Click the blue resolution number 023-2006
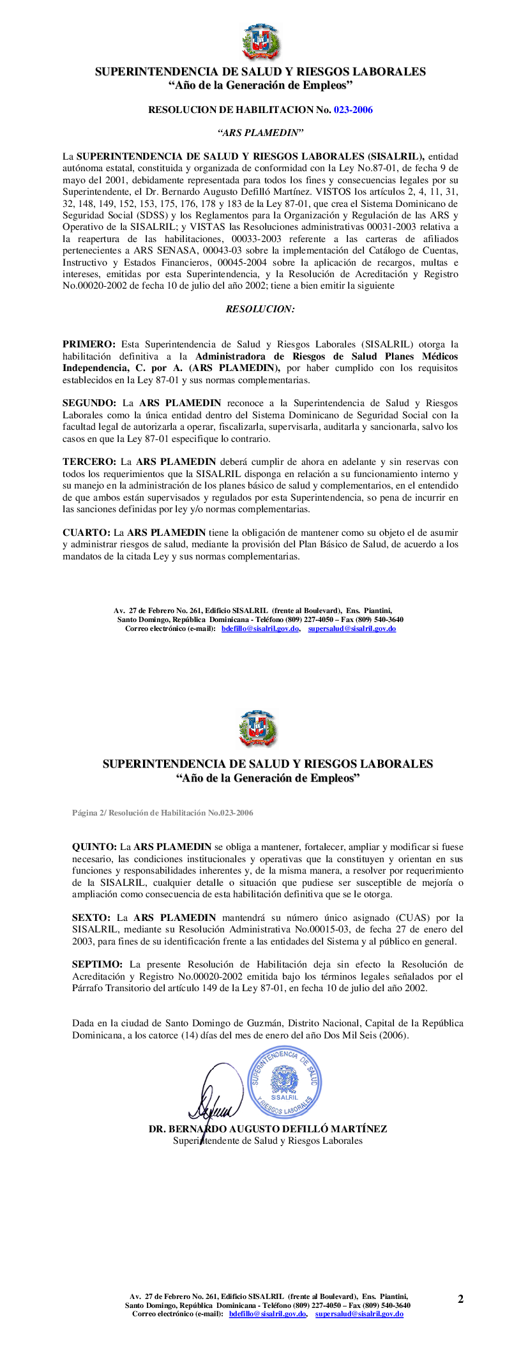point(353,110)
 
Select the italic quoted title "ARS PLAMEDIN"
point(260,133)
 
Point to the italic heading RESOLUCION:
point(260,309)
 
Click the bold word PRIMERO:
point(89,345)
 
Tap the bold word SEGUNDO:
point(89,404)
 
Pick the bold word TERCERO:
point(89,462)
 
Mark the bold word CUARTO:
point(86,533)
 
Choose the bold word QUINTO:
point(94,847)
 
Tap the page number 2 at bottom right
point(460,1299)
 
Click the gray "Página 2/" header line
point(162,813)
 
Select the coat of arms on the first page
point(261,42)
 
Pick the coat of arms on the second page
point(257,729)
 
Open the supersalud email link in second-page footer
point(359,1314)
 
